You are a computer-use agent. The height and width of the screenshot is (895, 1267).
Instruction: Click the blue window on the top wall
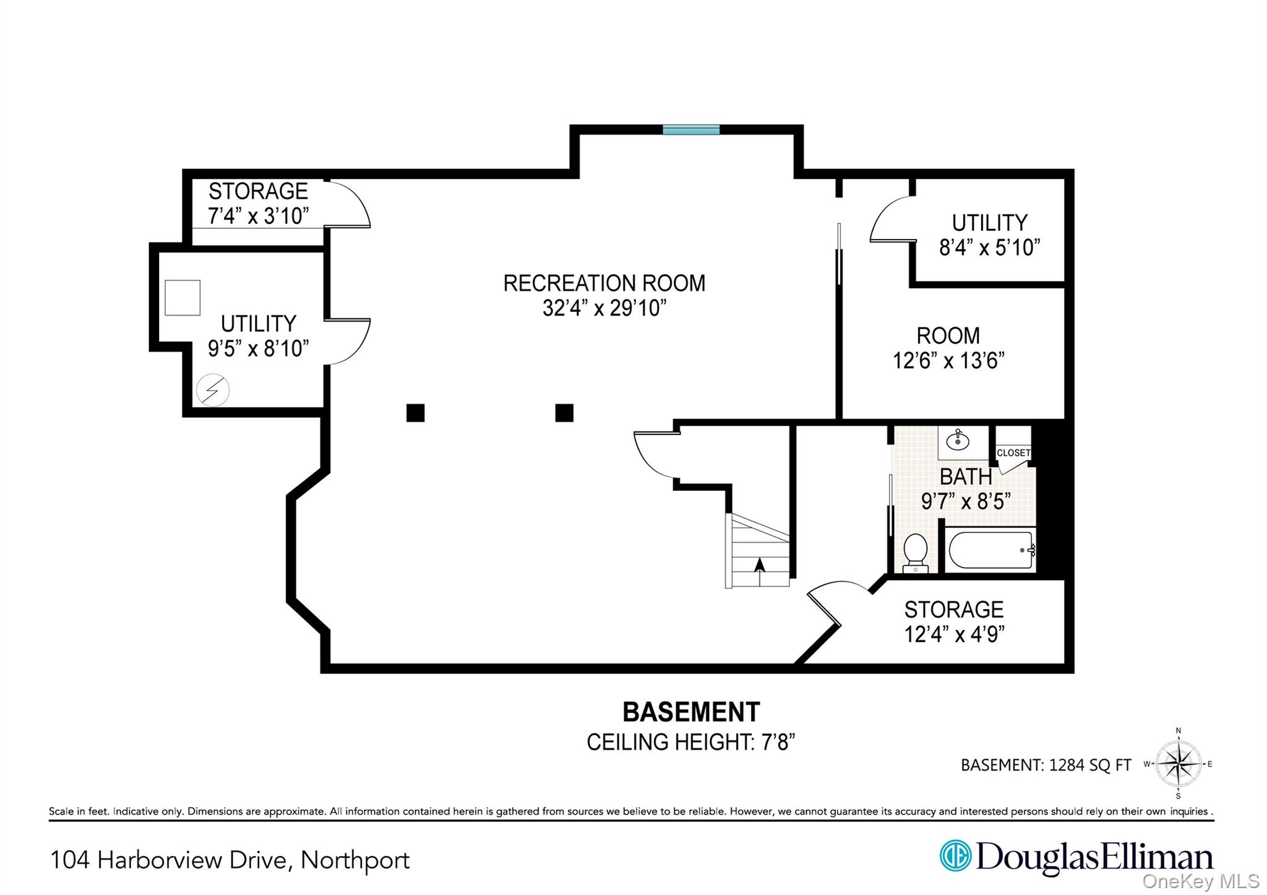coord(691,129)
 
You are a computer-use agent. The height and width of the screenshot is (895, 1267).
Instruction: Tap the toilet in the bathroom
coord(915,552)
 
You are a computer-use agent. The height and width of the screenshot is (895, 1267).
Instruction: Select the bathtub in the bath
coord(990,550)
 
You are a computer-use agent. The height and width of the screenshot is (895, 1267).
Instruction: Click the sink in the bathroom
coord(958,441)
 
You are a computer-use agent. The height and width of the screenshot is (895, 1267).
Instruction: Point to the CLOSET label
coord(1013,452)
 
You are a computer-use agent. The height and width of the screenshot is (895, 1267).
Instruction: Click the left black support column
coord(415,412)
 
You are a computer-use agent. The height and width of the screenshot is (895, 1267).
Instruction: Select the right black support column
coord(564,412)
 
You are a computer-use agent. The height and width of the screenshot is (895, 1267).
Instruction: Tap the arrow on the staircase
coord(760,564)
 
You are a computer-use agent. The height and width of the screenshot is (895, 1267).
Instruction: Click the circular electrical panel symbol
coord(213,390)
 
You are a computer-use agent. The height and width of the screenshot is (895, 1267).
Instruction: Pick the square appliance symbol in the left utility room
coord(183,298)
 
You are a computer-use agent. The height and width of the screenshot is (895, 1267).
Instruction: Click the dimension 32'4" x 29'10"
coord(604,308)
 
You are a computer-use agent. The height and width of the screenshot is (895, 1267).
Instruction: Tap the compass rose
coord(1178,764)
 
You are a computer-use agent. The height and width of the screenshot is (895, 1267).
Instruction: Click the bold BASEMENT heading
coord(690,712)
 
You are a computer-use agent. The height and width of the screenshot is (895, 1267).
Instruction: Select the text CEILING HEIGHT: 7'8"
coord(690,742)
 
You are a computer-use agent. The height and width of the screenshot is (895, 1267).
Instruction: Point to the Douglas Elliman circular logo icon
coord(955,856)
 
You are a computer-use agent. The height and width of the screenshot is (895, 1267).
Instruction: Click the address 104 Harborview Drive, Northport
coord(230,860)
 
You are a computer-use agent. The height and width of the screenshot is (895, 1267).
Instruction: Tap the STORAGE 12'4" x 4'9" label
coord(953,621)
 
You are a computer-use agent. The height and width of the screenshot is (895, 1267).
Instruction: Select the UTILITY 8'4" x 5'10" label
coord(989,235)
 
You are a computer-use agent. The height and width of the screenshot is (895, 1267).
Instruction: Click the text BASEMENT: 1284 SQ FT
coord(1046,765)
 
